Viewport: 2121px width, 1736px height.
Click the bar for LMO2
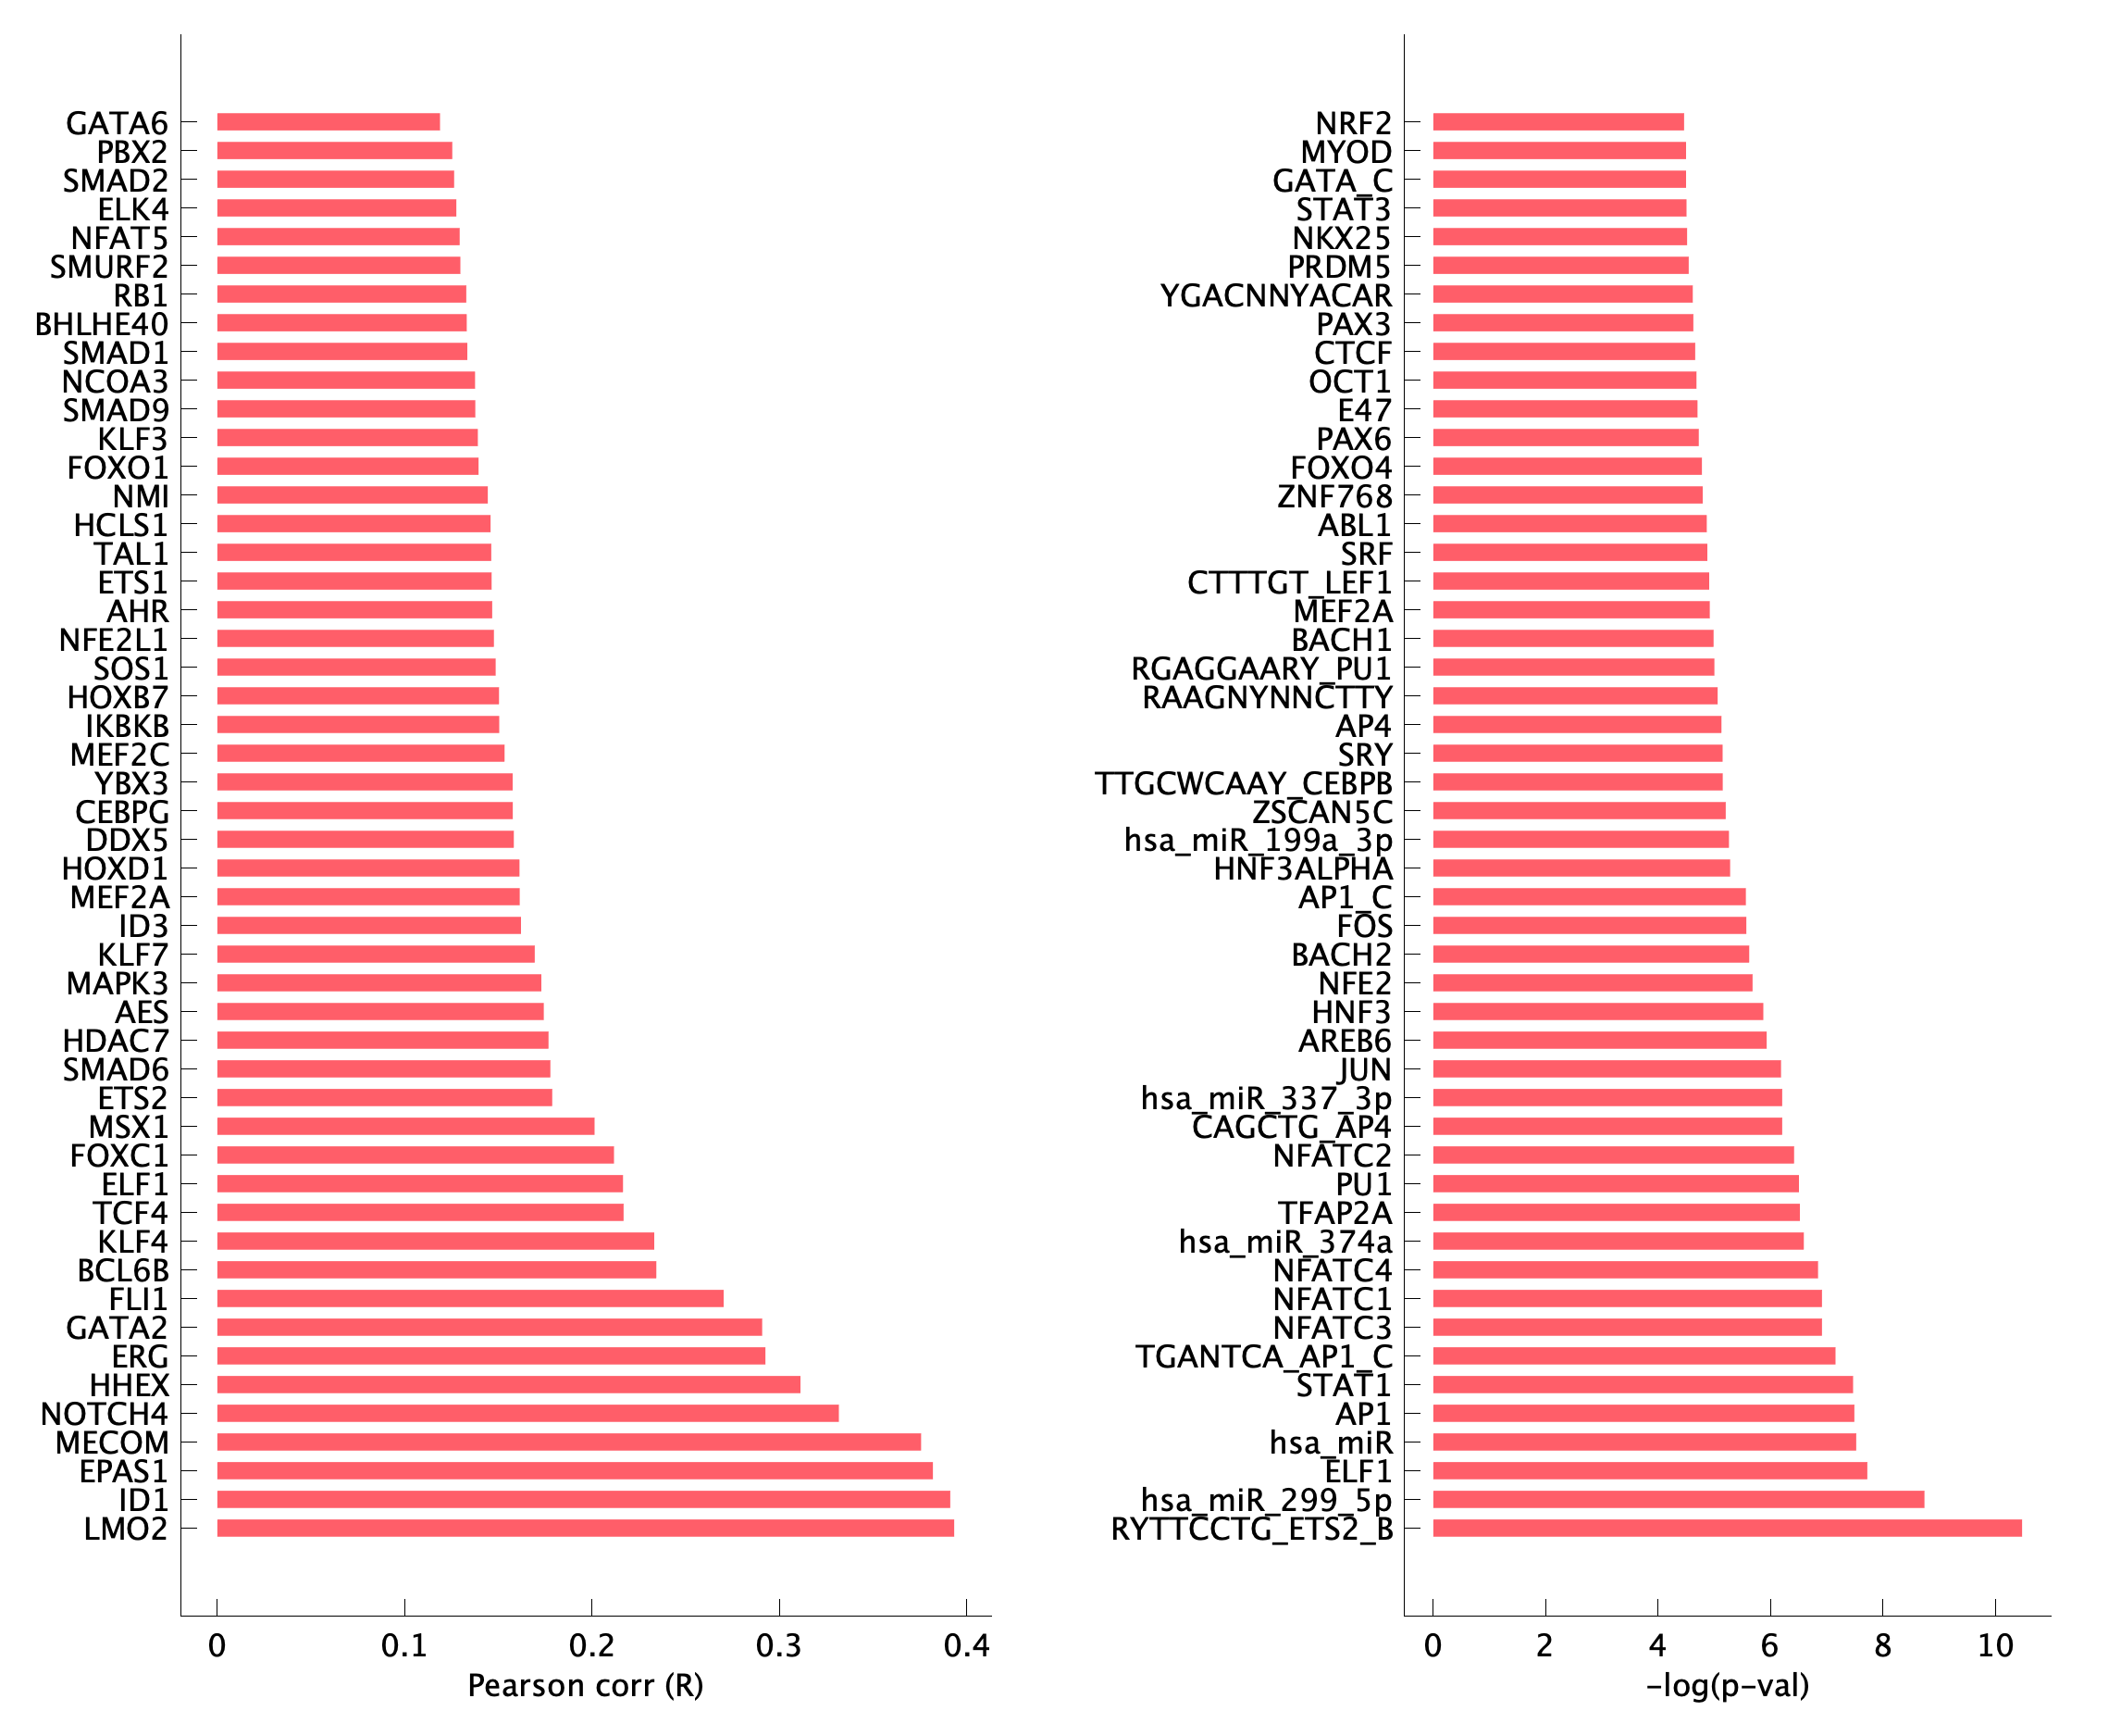(585, 1528)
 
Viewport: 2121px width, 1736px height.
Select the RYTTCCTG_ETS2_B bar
(1726, 1528)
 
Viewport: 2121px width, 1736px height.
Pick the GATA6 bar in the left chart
(328, 122)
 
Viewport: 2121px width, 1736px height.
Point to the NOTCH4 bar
(527, 1413)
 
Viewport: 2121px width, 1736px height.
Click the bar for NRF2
(1557, 122)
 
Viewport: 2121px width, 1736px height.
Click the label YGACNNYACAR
(1275, 296)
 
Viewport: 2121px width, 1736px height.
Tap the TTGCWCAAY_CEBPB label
(1243, 783)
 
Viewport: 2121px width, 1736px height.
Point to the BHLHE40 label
(102, 325)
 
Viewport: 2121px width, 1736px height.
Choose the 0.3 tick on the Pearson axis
(778, 1646)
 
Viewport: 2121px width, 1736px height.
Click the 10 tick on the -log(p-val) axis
(1995, 1646)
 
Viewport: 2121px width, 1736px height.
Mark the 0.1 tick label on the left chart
(403, 1646)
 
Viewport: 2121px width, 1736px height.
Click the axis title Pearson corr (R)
(586, 1686)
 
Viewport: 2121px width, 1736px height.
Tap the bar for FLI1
(470, 1298)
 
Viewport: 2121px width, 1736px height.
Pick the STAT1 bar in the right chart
(1643, 1384)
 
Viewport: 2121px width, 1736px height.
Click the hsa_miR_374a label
(1284, 1242)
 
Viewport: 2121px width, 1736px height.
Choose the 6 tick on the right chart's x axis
(1770, 1646)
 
